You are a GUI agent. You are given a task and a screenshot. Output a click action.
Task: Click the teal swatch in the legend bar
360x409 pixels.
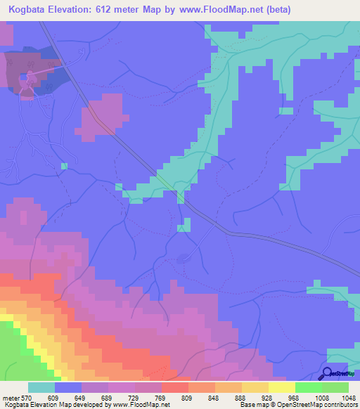[41, 387]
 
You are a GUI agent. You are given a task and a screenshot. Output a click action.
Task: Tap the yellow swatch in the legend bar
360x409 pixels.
[281, 387]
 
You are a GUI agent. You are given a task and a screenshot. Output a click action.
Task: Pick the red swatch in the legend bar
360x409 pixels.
[174, 387]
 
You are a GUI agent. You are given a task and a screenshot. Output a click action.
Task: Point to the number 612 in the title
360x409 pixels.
[117, 10]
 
